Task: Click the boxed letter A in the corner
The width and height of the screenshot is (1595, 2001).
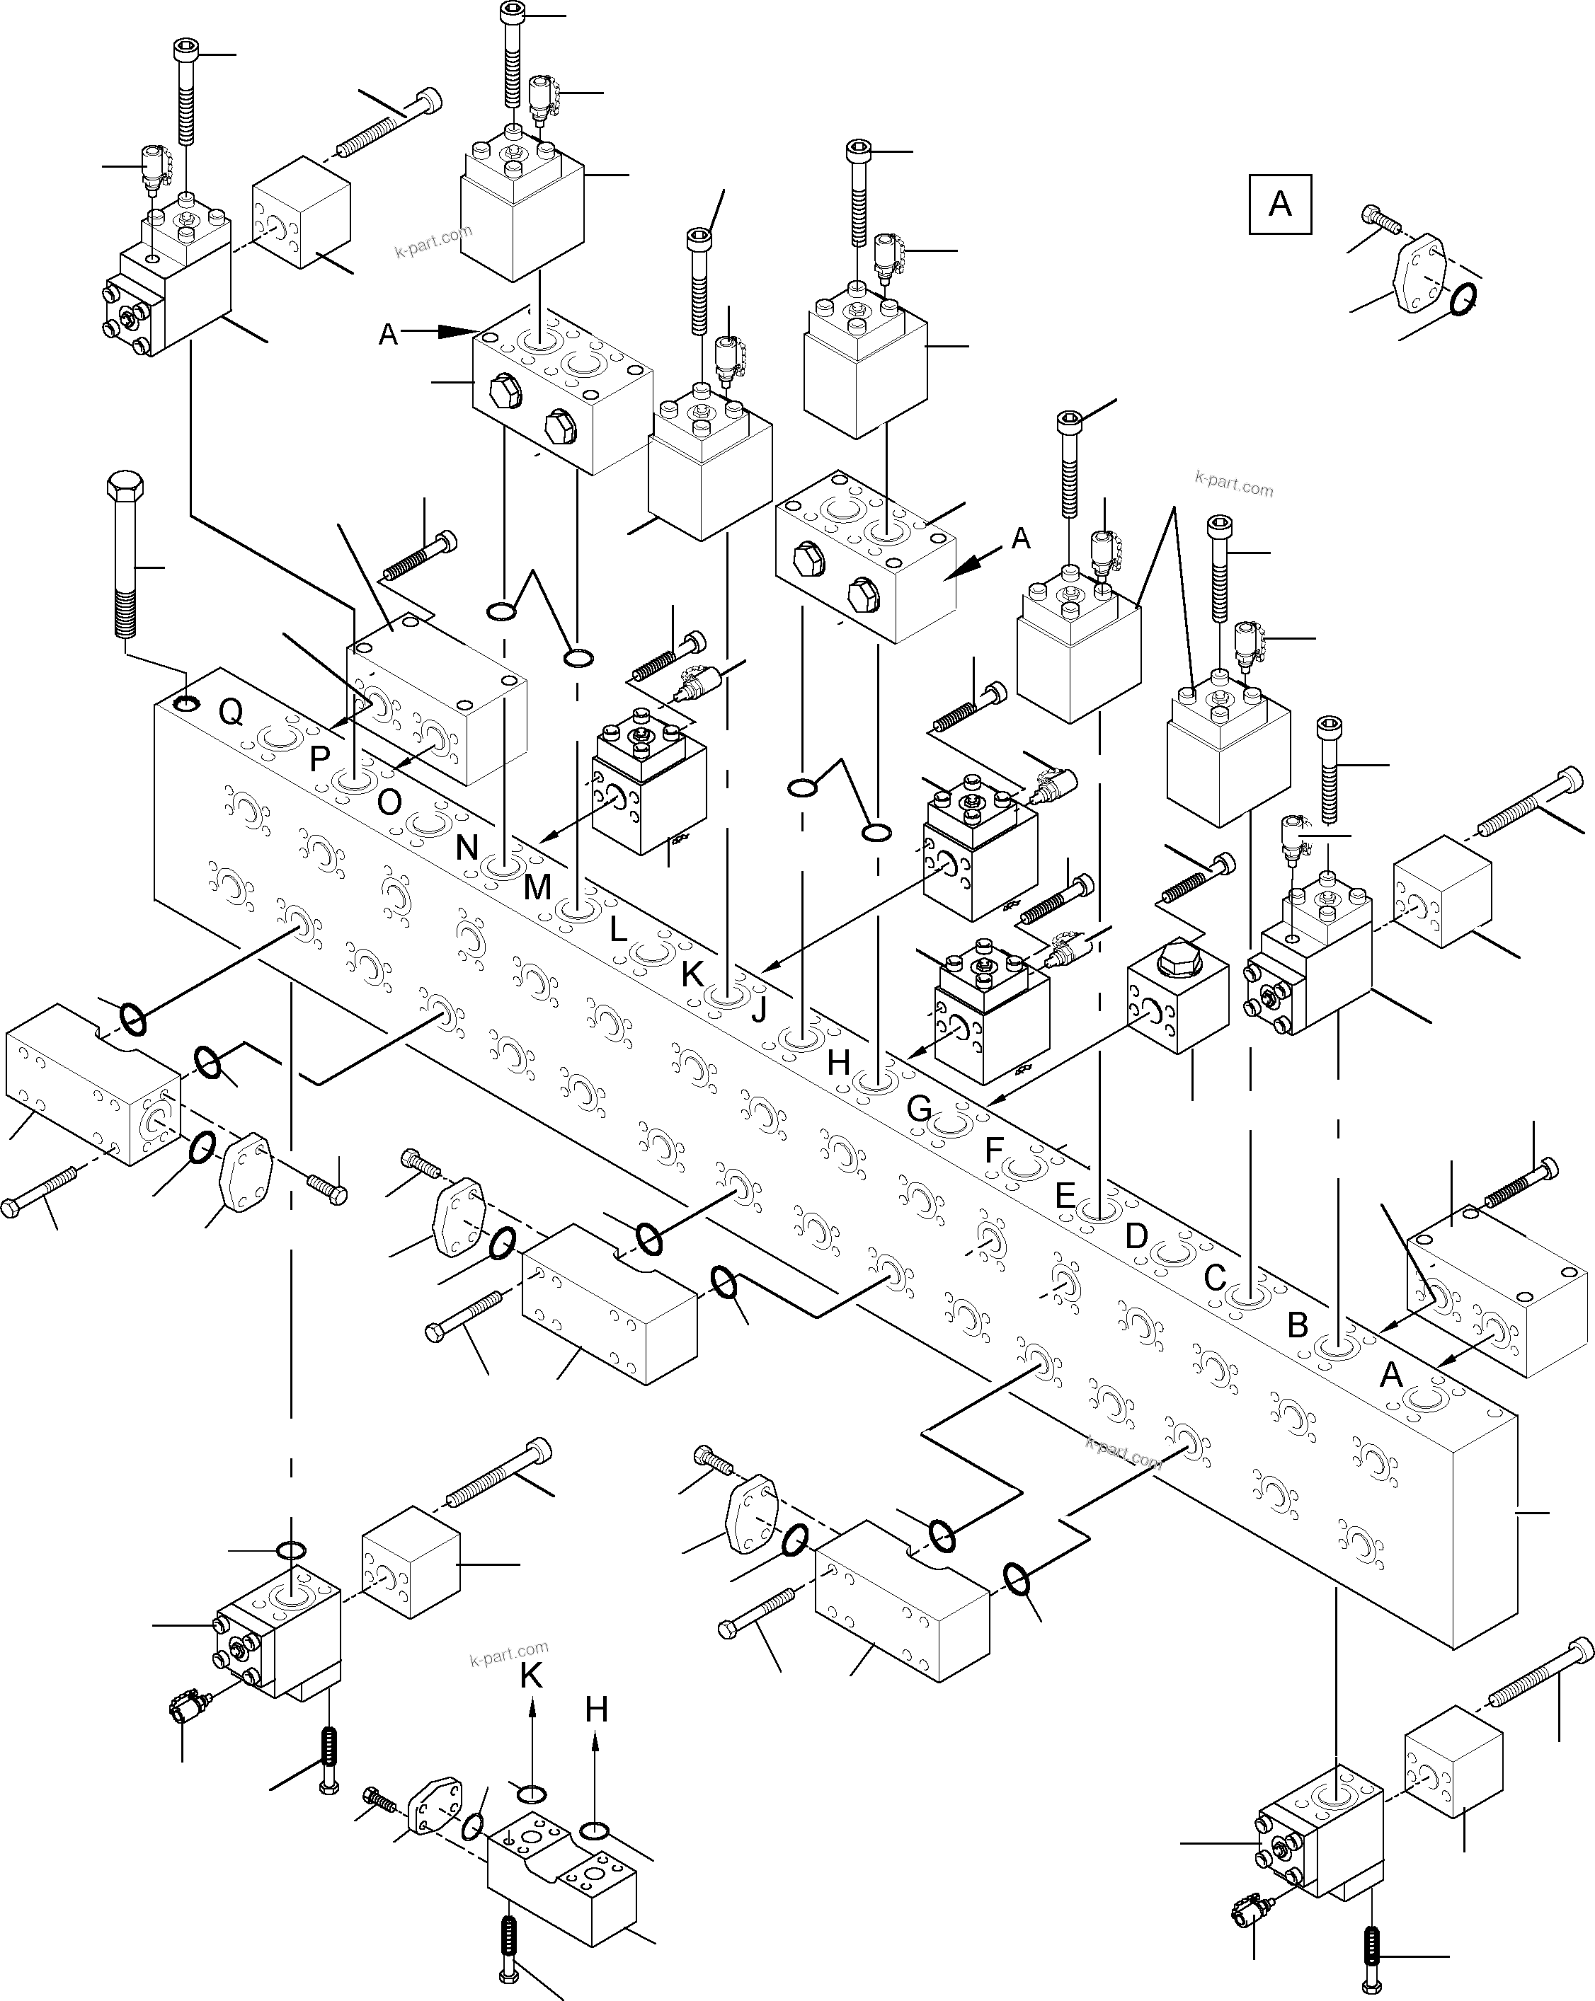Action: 1279,203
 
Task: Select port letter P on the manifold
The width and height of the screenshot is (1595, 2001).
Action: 319,759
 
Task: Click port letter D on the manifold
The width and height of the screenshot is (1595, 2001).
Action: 1136,1235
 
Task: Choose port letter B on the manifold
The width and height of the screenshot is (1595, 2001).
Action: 1298,1325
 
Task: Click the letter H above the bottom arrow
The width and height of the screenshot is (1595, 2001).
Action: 596,1709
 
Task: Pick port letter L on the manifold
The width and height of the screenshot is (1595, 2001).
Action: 618,929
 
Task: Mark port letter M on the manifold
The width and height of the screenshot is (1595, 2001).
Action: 537,887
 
